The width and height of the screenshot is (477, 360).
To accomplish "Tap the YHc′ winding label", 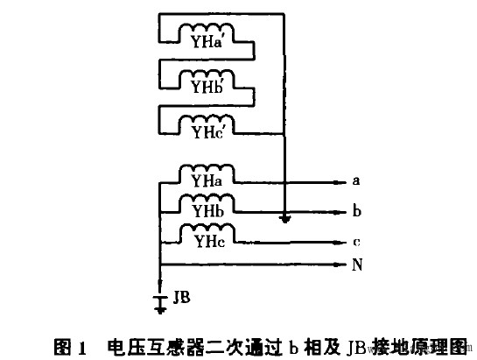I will click(x=207, y=132).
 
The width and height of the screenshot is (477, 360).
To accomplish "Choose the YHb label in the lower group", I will click(x=208, y=213).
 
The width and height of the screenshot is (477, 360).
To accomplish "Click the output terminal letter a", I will click(x=356, y=182).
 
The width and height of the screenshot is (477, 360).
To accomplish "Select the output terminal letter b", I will click(x=356, y=212).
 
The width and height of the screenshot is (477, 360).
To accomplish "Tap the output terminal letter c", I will click(x=356, y=241).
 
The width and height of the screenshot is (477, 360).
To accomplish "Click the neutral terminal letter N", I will click(x=357, y=264).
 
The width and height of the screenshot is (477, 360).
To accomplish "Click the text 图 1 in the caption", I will click(x=72, y=344).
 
